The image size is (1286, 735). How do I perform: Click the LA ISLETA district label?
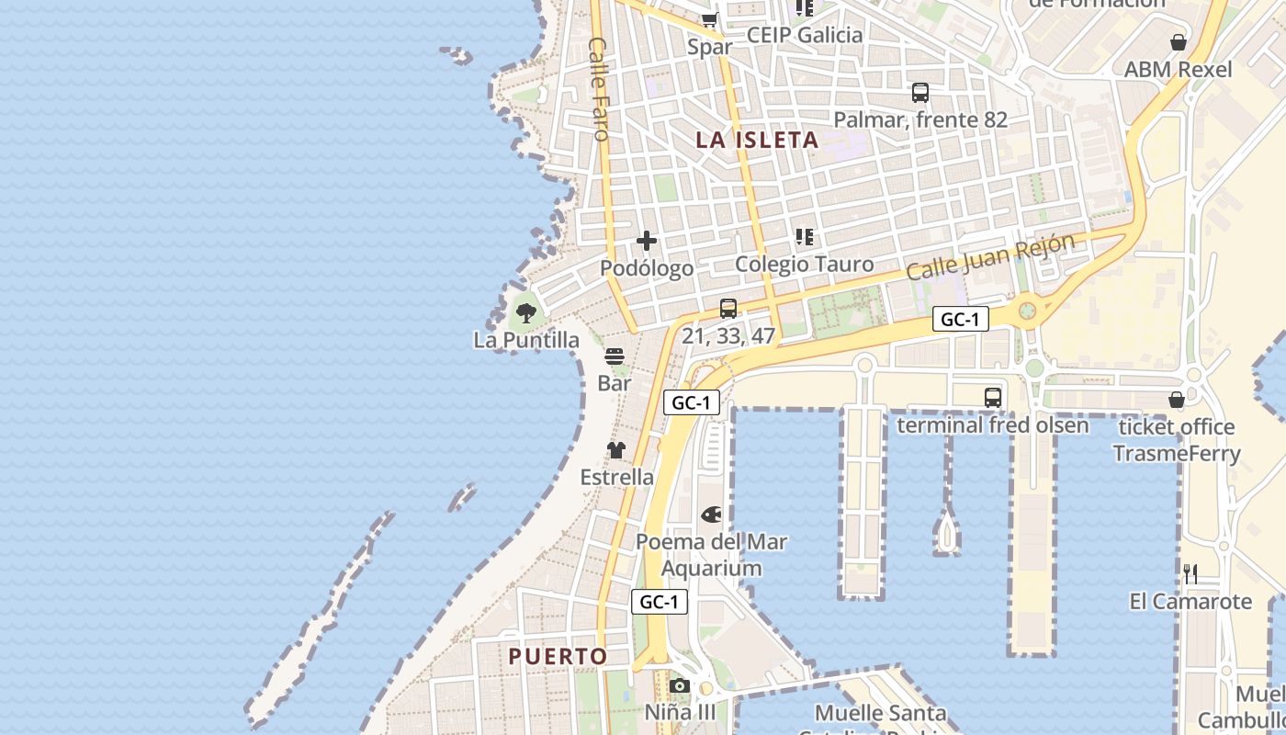(x=757, y=140)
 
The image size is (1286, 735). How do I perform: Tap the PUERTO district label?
(x=558, y=656)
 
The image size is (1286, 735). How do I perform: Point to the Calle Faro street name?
(x=601, y=89)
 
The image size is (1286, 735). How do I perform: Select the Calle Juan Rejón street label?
(x=989, y=257)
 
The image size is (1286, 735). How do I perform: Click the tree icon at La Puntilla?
(x=526, y=313)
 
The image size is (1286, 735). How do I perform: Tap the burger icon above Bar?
(x=615, y=356)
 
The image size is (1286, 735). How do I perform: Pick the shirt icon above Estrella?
(x=615, y=450)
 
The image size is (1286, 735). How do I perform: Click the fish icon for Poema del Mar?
(x=711, y=514)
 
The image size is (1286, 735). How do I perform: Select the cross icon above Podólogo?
(x=647, y=241)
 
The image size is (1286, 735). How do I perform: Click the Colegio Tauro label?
(x=805, y=265)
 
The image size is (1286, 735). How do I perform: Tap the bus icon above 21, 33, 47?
(x=728, y=309)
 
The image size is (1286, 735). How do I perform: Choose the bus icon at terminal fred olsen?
(x=993, y=398)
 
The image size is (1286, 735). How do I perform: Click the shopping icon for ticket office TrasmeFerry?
(x=1177, y=400)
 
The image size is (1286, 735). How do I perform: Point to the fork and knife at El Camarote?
(x=1190, y=574)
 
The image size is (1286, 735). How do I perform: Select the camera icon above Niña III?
(x=680, y=685)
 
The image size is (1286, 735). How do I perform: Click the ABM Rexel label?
(x=1179, y=70)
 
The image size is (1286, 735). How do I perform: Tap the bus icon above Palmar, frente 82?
(x=920, y=93)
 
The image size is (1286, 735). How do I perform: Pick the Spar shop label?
(x=710, y=47)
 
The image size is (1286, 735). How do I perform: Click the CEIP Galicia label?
(x=805, y=35)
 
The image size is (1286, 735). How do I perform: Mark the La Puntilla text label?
(x=526, y=340)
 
